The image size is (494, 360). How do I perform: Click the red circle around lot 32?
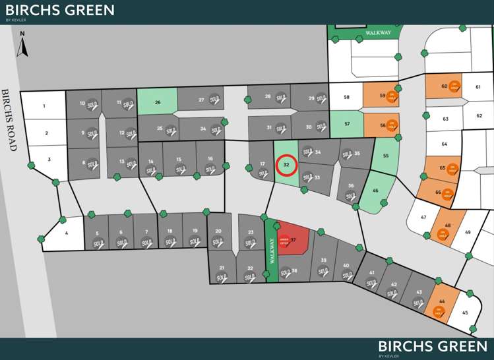pos(286,164)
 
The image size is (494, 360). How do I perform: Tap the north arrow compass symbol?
pos(22,44)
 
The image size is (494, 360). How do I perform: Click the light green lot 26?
pos(157,102)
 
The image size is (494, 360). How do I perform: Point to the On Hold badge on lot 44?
pos(439,311)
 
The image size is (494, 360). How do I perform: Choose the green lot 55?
pos(385,156)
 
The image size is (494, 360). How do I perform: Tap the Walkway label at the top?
pos(378,32)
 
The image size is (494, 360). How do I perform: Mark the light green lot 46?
pos(375,191)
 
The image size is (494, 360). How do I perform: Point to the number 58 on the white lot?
pos(346,97)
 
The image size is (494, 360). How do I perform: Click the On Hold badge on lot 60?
pos(454,87)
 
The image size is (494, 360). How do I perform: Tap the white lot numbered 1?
pos(44,106)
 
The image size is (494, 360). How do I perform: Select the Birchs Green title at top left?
pos(59,11)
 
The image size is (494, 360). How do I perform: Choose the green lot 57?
pos(346,123)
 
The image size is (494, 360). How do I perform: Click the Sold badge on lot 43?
pos(418,303)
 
